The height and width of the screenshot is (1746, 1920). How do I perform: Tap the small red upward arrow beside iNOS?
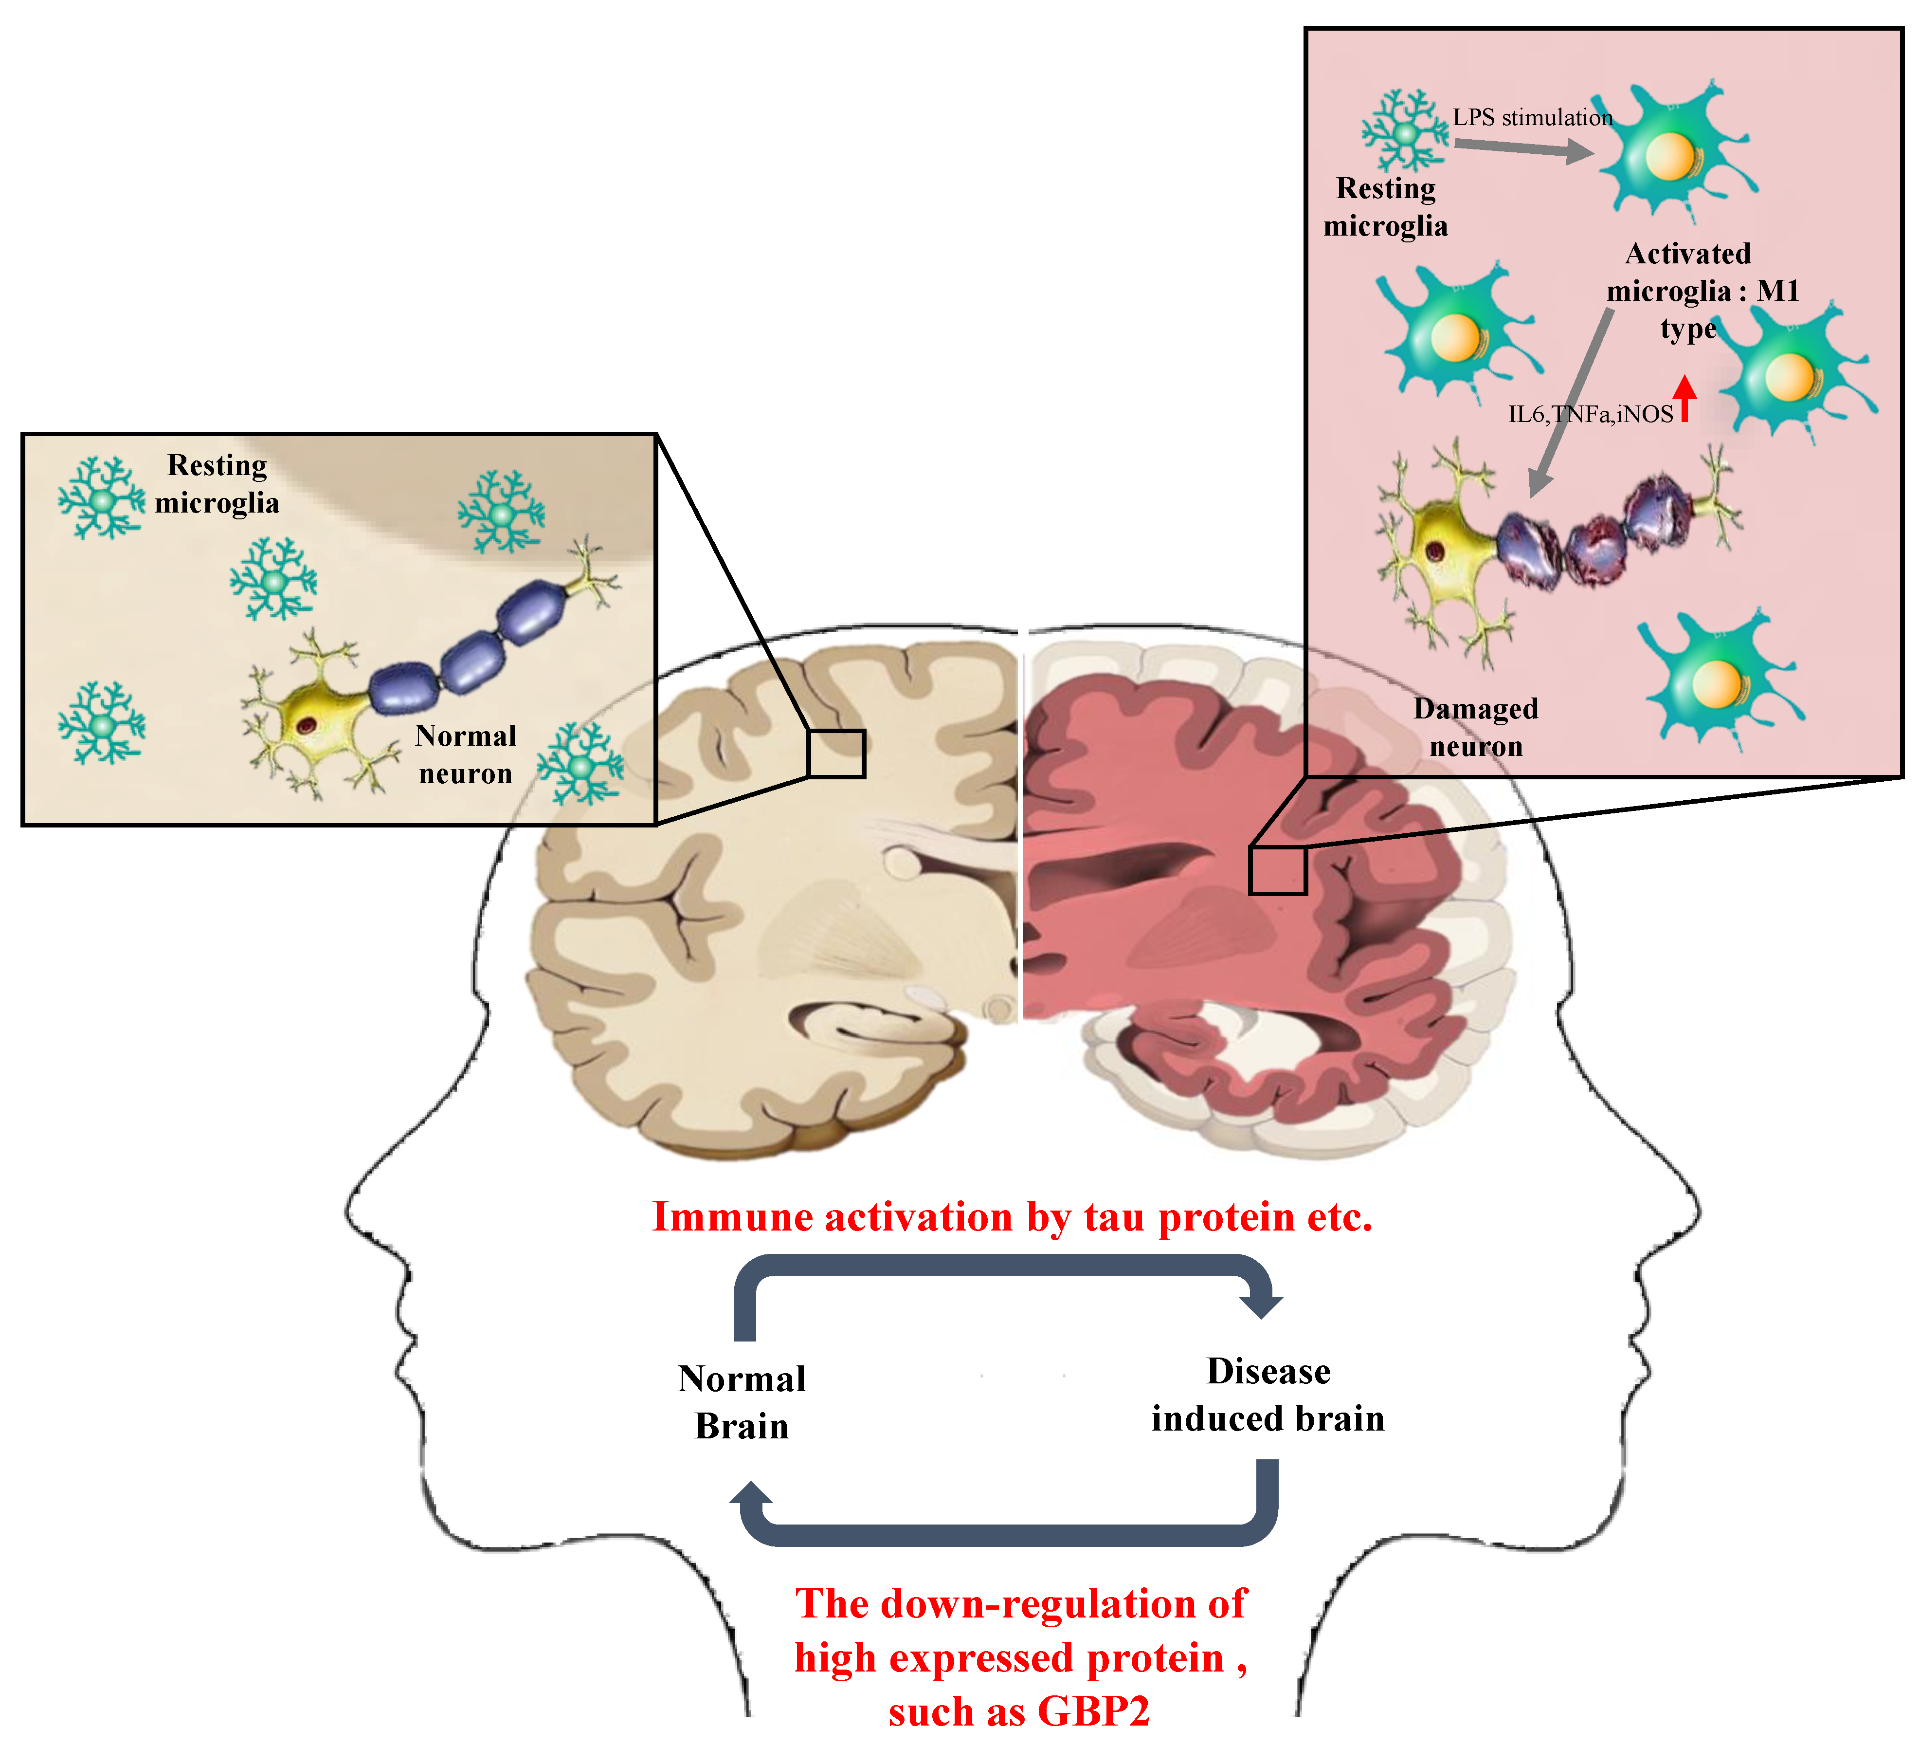[x=1685, y=398]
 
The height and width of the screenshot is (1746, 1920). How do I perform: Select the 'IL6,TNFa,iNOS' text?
[x=1591, y=414]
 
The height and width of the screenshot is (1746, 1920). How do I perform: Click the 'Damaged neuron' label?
[x=1475, y=727]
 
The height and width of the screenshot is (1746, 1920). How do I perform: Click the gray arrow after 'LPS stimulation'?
[x=1524, y=147]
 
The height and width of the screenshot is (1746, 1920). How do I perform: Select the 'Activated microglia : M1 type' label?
[x=1688, y=291]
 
